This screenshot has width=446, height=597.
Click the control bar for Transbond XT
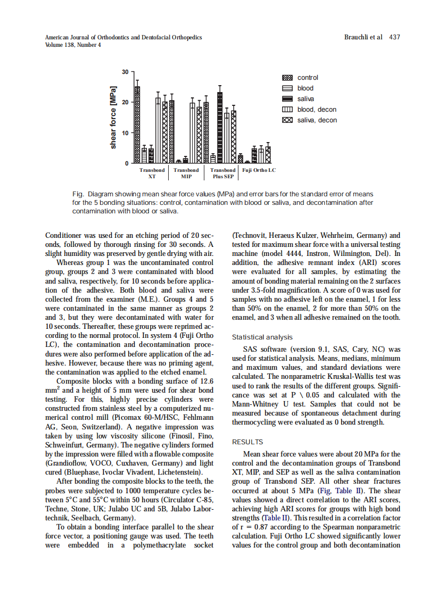(137, 125)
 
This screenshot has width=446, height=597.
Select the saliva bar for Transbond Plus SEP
(220, 128)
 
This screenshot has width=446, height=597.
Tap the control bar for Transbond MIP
(178, 161)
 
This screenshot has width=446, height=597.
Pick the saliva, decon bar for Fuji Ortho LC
(268, 155)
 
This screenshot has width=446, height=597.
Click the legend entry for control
(308, 78)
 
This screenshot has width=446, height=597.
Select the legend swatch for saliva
(287, 99)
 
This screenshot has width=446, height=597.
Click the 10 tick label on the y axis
(125, 132)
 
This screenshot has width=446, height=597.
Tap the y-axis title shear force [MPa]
(113, 117)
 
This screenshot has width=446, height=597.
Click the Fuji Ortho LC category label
(259, 170)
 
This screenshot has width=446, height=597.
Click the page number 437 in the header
(394, 37)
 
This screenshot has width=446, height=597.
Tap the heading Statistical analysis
(262, 337)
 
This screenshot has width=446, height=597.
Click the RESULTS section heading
(247, 442)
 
